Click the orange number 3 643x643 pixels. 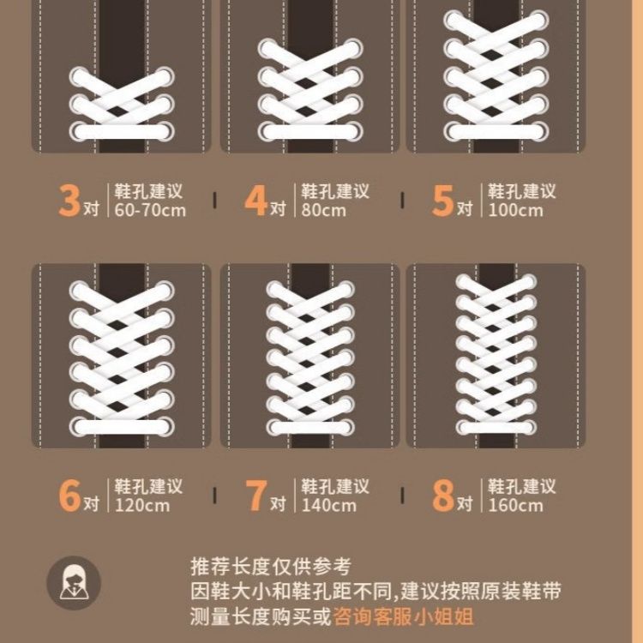69,200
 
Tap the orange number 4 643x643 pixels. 255,200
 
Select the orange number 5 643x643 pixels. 443,200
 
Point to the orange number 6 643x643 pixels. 69,496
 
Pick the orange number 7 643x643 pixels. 255,496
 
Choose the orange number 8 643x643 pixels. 443,496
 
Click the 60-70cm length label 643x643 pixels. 150,210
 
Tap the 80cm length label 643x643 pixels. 323,210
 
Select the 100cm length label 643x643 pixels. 515,210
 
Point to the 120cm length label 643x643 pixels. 141,505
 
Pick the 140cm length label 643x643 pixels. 329,505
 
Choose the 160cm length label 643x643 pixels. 515,505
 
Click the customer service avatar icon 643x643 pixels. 74,583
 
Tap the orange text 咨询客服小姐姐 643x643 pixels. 404,616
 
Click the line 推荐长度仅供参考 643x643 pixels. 271,567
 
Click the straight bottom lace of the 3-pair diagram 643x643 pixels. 122,132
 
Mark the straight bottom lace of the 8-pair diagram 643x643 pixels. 496,428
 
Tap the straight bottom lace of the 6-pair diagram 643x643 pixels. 122,427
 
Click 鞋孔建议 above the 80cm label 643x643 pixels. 335,191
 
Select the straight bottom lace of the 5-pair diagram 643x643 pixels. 496,132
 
